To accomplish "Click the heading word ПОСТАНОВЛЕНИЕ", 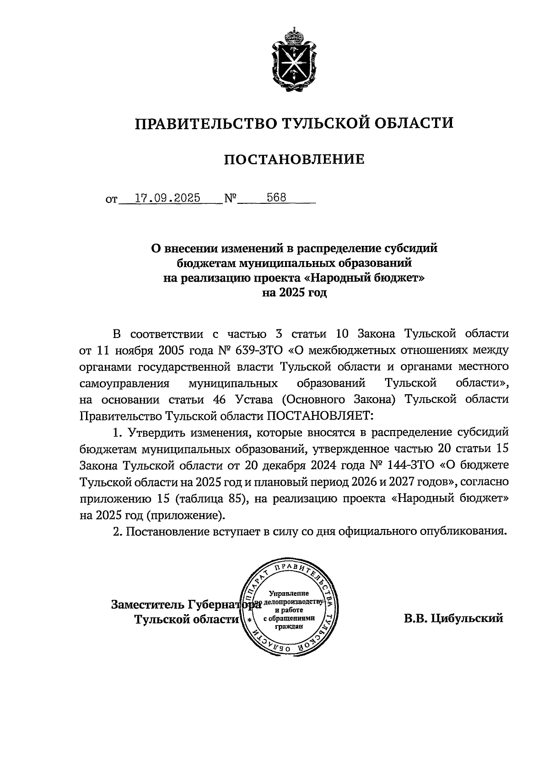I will [294, 159].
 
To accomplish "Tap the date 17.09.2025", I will [168, 198].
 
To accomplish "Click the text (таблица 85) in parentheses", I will [208, 499].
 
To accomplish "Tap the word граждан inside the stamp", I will [289, 627].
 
